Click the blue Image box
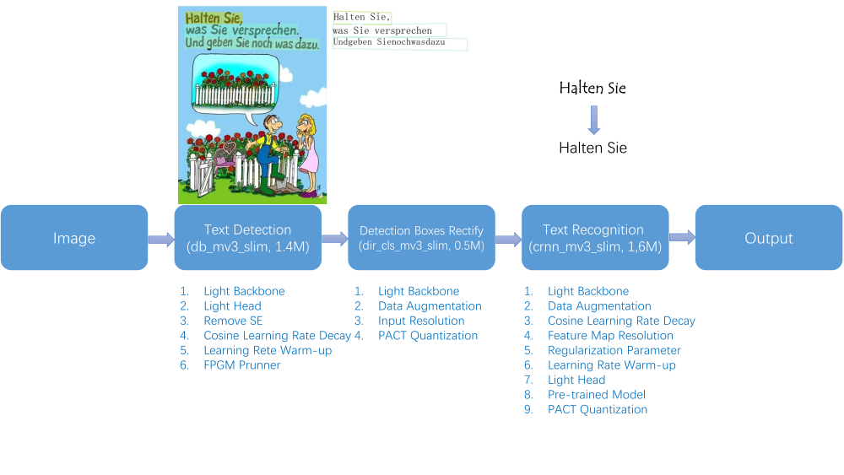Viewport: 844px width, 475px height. coord(74,237)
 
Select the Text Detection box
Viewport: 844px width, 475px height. coord(247,237)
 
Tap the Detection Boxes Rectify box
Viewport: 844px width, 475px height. coord(421,237)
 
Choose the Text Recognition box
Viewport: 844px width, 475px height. coord(595,237)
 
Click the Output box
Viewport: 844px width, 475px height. coord(769,237)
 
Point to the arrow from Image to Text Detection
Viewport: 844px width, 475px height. coord(161,239)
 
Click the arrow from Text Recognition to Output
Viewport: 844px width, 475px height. coord(682,237)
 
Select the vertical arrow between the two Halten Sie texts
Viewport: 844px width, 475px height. coord(593,120)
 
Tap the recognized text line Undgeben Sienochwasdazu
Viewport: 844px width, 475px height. coord(389,42)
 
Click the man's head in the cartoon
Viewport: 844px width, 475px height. coord(271,125)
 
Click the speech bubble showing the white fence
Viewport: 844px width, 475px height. coord(235,87)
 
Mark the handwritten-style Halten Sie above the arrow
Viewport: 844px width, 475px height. coord(592,88)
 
